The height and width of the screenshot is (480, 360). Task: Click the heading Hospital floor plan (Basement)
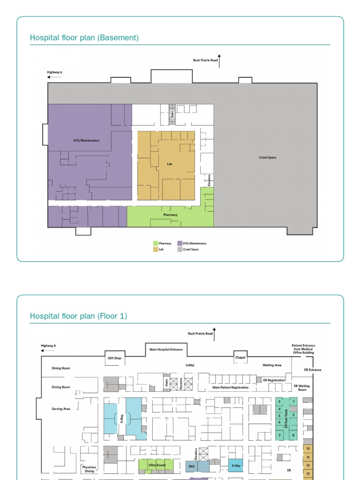click(84, 38)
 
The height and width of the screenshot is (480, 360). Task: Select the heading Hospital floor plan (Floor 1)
click(78, 316)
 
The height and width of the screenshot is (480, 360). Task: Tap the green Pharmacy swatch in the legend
click(156, 243)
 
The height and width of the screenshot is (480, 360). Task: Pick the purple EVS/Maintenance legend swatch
click(180, 243)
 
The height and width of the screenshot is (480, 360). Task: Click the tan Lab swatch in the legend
click(156, 249)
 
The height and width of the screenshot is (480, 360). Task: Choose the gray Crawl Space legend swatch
click(180, 249)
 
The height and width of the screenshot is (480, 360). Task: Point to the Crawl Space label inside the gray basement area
click(268, 157)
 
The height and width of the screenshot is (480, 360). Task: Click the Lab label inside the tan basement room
click(170, 164)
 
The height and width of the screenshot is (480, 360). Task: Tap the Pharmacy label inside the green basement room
click(170, 215)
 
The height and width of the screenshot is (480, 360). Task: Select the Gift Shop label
click(114, 358)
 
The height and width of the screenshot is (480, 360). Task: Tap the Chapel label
click(240, 358)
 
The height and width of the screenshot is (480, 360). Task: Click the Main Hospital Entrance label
click(166, 349)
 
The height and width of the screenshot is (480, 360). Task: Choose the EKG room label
click(192, 466)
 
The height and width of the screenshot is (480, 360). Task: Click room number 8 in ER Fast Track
click(293, 435)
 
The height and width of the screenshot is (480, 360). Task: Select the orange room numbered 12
click(308, 465)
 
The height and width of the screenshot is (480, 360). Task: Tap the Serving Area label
click(61, 409)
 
